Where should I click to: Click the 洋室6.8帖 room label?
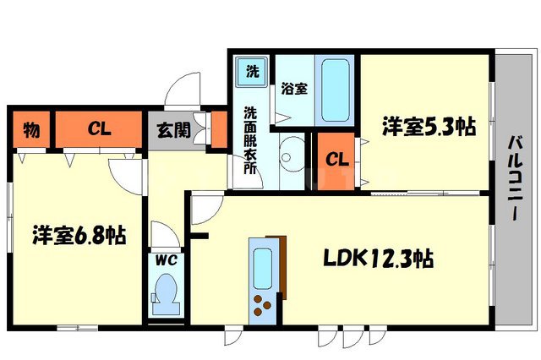[x=79, y=235]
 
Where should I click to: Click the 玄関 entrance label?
[x=172, y=131]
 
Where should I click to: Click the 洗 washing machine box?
[x=252, y=71]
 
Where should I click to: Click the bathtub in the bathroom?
[x=336, y=91]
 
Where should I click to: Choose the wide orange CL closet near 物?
[x=100, y=130]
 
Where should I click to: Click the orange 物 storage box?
[x=31, y=130]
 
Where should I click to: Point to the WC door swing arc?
[x=161, y=232]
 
